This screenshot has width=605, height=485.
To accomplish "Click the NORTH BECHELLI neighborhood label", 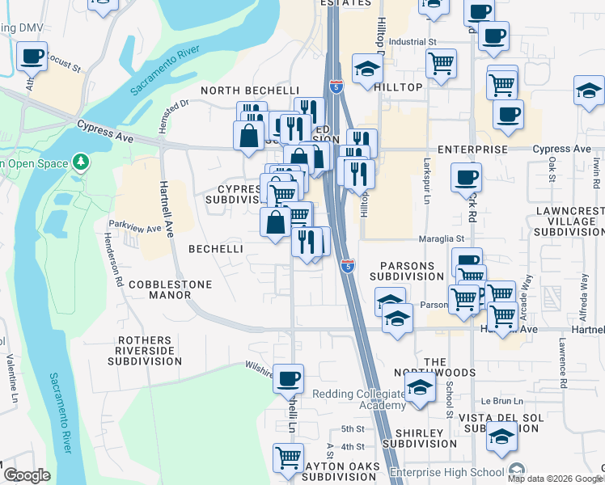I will pos(238,90).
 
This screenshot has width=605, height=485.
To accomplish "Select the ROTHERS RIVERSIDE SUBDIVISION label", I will pos(150,351).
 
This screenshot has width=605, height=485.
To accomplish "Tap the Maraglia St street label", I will pos(441,238).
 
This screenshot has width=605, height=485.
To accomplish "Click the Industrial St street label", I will pos(412,41).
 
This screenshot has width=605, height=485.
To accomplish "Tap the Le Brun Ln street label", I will pos(497,400).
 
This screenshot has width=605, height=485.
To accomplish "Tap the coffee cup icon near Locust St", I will pos(32,56).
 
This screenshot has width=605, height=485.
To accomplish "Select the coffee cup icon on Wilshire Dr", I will pos(289,377).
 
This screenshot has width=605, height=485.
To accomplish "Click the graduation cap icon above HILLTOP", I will pos(367,68).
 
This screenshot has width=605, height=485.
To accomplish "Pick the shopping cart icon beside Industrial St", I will pos(441,63).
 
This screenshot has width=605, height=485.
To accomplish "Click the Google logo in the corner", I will pos(27,475).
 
